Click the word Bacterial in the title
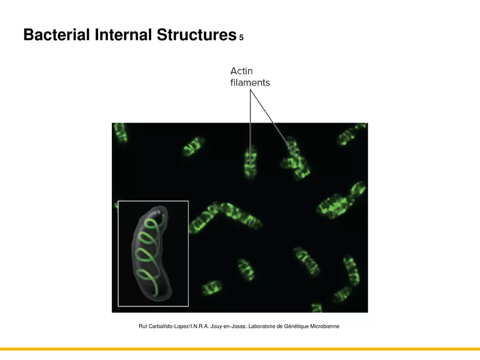(x=56, y=35)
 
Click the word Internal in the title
(x=123, y=35)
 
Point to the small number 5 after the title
(x=241, y=38)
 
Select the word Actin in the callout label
(x=242, y=71)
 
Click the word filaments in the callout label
(x=250, y=83)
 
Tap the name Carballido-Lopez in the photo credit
(x=169, y=326)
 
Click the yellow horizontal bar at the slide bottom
(x=240, y=349)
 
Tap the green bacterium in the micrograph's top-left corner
(x=121, y=132)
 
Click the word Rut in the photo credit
(x=143, y=326)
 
